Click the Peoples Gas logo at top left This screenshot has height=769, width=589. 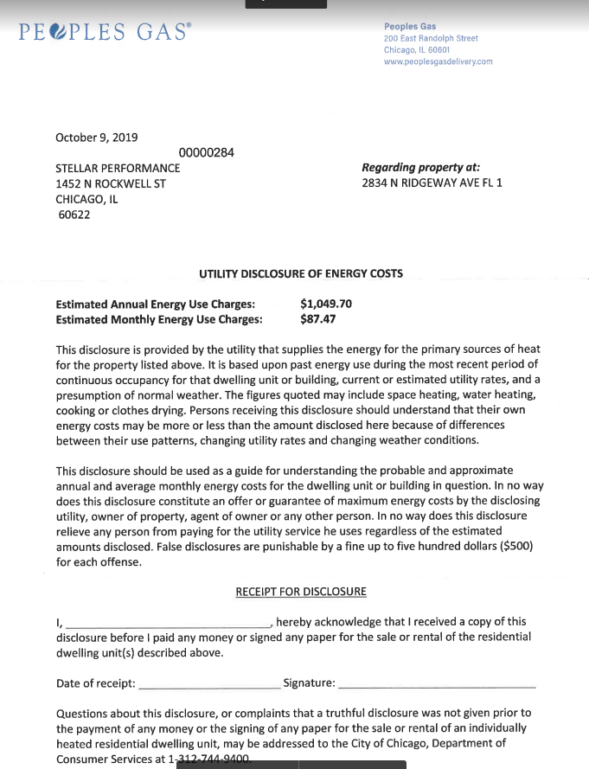(105, 32)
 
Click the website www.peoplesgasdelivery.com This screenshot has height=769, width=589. (438, 61)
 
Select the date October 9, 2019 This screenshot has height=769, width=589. (96, 137)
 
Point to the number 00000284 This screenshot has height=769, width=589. (206, 153)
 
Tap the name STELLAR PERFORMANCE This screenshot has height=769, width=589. (118, 168)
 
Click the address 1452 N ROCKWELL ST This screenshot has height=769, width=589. (111, 183)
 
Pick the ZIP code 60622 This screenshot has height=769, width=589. (74, 215)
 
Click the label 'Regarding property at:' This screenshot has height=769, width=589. (421, 168)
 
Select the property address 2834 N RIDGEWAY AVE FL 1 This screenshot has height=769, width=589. (432, 183)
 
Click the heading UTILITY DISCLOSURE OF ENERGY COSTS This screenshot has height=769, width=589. (301, 274)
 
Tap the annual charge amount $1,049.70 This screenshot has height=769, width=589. (326, 304)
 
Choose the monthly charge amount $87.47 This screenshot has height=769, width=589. (317, 319)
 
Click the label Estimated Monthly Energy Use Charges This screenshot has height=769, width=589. (158, 319)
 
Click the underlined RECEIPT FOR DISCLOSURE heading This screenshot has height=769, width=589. (301, 592)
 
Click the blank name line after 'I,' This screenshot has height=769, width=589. (169, 623)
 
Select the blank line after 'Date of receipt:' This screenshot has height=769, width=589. (208, 684)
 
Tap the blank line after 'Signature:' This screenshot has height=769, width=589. (437, 684)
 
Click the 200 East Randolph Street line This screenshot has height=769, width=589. (431, 38)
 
